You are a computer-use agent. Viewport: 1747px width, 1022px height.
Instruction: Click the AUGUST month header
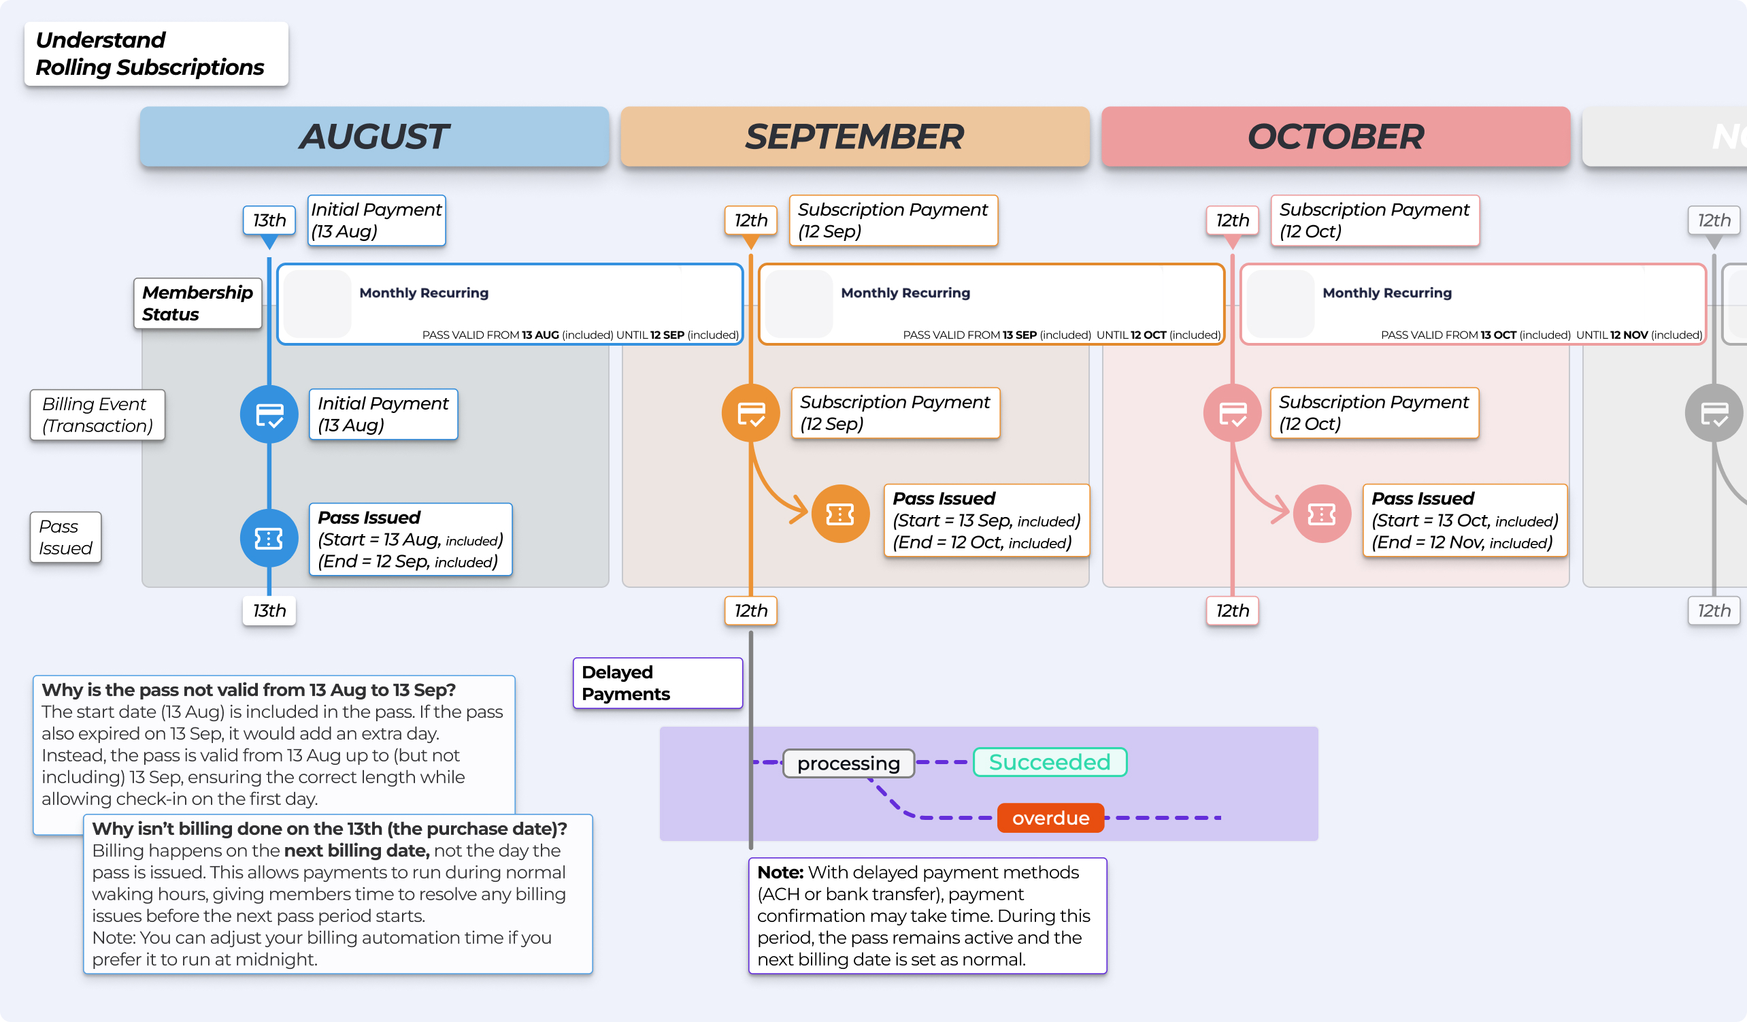point(374,137)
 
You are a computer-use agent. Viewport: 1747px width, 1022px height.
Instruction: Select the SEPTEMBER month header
point(854,137)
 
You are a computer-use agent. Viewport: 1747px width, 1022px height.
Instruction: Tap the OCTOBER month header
point(1335,137)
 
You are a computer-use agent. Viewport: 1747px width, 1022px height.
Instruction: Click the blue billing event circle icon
point(269,414)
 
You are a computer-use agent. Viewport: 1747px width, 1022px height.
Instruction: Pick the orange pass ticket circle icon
point(840,514)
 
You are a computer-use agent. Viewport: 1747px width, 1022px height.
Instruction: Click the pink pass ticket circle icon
point(1321,514)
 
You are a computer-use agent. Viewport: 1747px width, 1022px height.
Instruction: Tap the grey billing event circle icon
point(1714,414)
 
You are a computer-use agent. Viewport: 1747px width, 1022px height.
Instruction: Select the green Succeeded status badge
point(1050,762)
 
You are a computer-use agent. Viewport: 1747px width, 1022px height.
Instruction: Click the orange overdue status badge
point(1050,818)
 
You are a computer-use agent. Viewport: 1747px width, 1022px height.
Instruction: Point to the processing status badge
point(848,763)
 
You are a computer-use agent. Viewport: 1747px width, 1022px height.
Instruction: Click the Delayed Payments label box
point(657,683)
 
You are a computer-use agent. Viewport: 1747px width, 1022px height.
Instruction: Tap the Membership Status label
point(197,303)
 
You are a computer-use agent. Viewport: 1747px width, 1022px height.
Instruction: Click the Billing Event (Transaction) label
point(97,414)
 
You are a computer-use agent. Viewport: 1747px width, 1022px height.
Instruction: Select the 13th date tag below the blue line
point(269,611)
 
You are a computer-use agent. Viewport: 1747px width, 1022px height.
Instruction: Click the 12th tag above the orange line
point(751,220)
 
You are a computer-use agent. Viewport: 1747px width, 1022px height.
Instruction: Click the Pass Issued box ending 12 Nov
point(1464,521)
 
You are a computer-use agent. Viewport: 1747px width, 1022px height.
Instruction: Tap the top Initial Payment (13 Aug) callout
point(376,220)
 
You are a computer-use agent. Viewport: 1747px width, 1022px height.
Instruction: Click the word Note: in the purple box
point(780,872)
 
